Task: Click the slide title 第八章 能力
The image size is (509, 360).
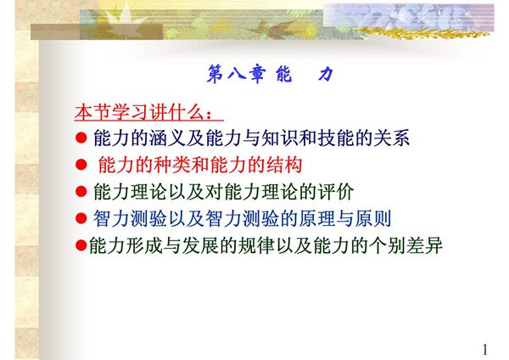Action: click(270, 75)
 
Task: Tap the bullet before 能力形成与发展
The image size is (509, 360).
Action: click(81, 245)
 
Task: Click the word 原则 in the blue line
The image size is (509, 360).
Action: click(373, 218)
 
